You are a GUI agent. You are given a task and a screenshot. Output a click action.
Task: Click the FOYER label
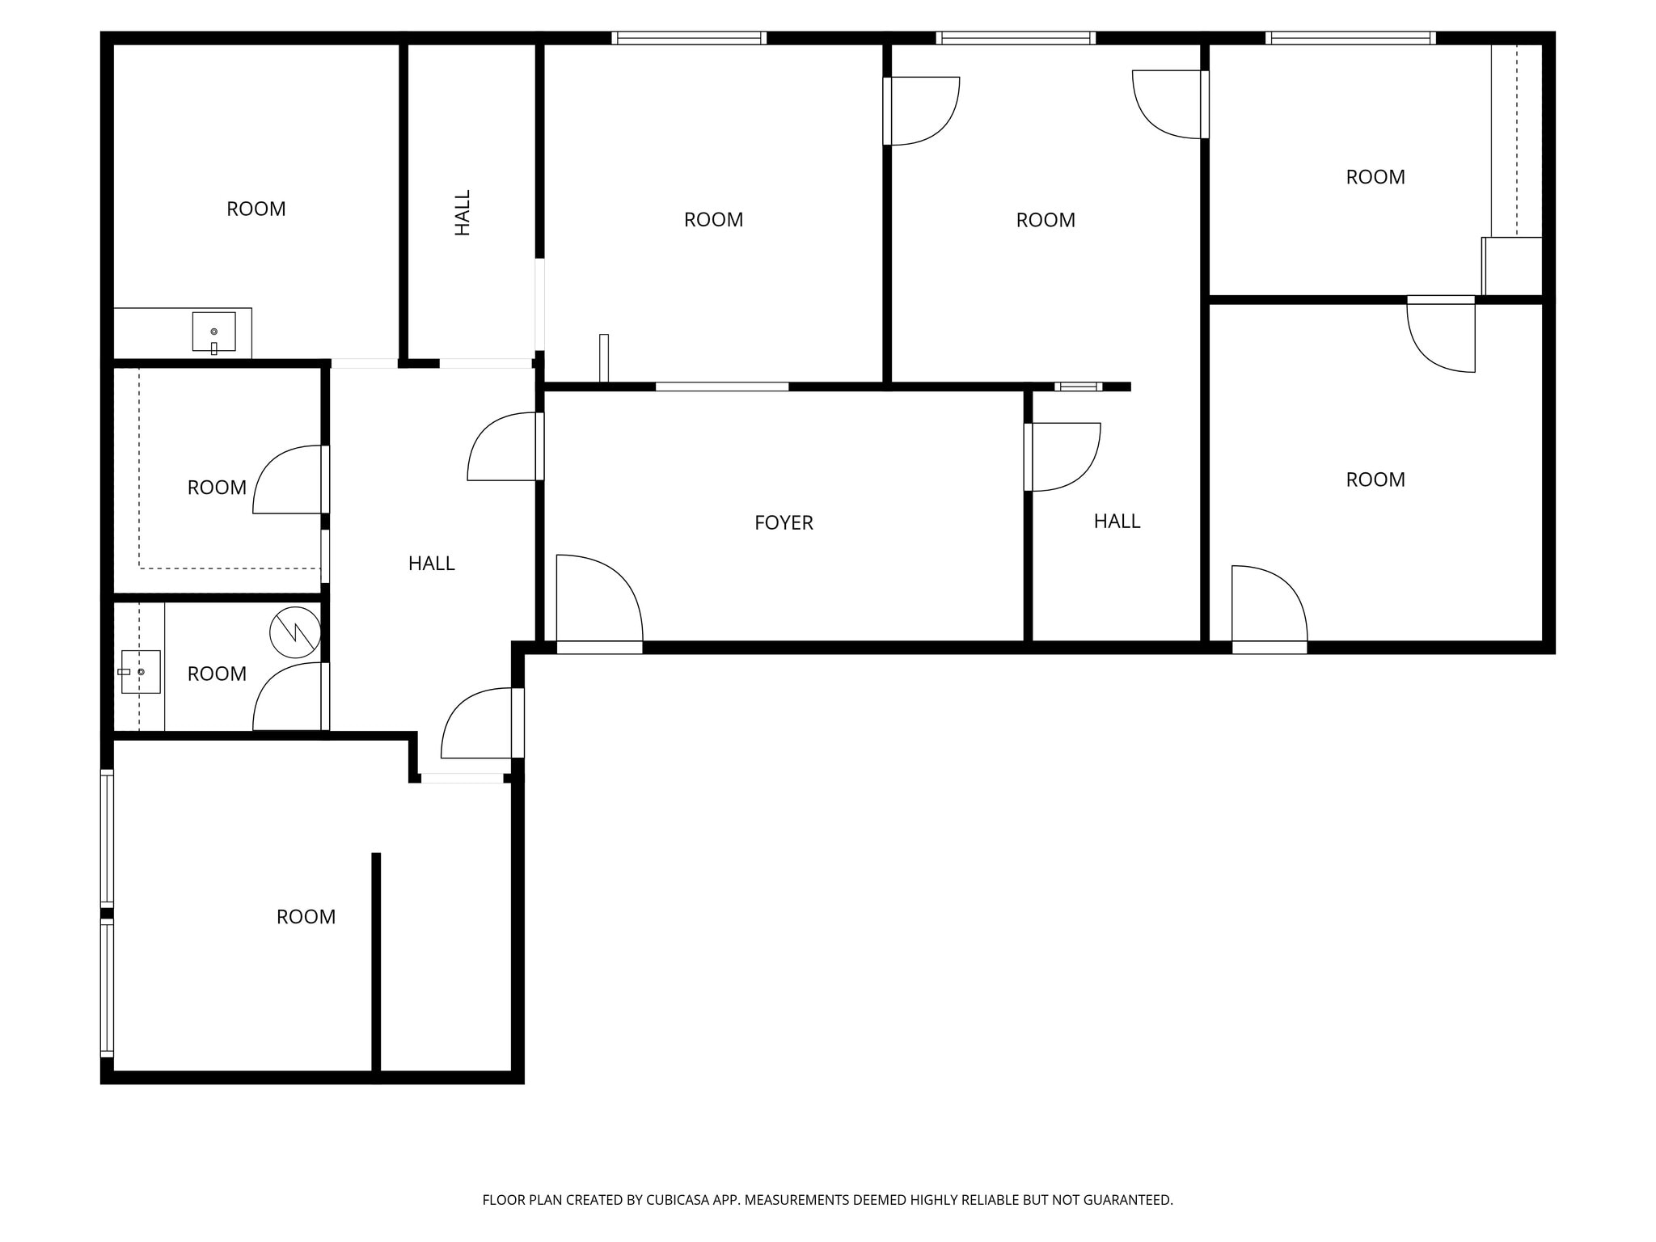[783, 523]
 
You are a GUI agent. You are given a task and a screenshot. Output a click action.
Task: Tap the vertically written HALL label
[463, 213]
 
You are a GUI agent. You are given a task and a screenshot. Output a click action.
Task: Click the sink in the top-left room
[213, 332]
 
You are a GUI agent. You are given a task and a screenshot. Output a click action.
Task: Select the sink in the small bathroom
[140, 672]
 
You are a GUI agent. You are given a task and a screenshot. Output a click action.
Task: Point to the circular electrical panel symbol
[295, 632]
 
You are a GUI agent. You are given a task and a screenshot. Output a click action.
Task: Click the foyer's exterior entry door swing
[598, 602]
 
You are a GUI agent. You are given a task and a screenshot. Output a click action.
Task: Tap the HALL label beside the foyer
[1117, 522]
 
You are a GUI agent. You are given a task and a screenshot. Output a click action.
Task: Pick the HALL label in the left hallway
[431, 564]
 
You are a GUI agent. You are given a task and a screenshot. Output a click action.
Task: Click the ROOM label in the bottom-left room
[306, 917]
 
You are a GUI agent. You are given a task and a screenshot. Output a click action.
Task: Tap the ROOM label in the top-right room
[1375, 177]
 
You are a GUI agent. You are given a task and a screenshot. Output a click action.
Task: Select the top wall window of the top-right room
[1350, 38]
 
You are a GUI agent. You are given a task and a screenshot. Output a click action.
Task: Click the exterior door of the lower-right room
[1268, 605]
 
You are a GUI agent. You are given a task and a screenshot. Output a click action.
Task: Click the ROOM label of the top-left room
[256, 209]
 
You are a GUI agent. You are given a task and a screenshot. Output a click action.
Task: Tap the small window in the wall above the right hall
[1078, 387]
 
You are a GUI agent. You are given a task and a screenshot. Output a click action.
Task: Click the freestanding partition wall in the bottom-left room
[376, 962]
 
